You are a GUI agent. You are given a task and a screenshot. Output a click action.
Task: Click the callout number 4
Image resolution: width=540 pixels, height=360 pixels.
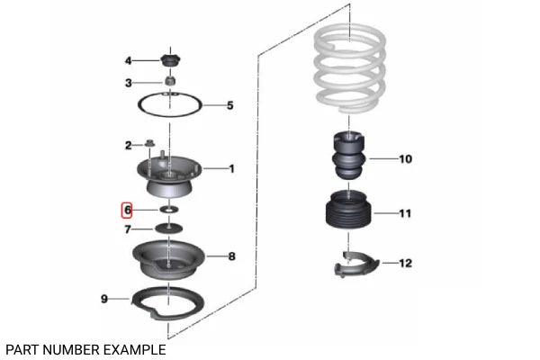click(x=128, y=61)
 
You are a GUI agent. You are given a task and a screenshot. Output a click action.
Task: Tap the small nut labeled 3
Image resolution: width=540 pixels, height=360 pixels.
click(x=170, y=81)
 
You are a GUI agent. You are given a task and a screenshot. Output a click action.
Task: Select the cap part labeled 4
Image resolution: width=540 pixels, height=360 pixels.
click(x=170, y=61)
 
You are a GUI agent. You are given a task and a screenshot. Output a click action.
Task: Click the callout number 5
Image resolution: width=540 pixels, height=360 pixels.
click(x=230, y=105)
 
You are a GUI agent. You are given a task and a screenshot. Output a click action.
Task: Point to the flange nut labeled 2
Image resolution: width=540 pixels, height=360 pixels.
click(x=149, y=142)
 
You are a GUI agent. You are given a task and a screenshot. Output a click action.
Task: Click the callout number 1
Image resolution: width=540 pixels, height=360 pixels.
click(x=232, y=169)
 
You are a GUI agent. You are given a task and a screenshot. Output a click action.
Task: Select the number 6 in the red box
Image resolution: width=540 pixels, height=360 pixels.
click(x=128, y=210)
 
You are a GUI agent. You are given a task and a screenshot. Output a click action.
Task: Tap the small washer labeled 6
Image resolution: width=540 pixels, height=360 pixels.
click(x=169, y=209)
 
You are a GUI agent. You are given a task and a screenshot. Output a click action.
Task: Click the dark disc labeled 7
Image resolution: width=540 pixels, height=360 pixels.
click(x=169, y=228)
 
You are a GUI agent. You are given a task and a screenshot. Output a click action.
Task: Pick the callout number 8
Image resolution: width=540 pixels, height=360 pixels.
click(x=232, y=256)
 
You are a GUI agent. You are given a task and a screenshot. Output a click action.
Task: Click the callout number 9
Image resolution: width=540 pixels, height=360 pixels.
click(x=104, y=299)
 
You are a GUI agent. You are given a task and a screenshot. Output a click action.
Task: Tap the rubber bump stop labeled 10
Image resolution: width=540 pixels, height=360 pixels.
click(x=348, y=156)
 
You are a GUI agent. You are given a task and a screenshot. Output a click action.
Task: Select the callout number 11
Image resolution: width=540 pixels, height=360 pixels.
click(x=405, y=213)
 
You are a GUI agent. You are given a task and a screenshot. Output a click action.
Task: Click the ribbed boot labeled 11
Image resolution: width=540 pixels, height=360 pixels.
click(x=348, y=210)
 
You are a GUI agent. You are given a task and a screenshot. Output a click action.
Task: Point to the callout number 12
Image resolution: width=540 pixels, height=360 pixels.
click(x=405, y=263)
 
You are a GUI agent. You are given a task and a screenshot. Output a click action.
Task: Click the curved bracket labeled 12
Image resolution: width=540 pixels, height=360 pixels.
click(x=356, y=265)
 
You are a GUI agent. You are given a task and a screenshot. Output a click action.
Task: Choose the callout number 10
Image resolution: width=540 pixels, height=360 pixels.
click(x=405, y=159)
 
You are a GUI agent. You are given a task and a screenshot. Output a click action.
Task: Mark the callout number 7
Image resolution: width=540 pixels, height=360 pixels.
click(x=128, y=229)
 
